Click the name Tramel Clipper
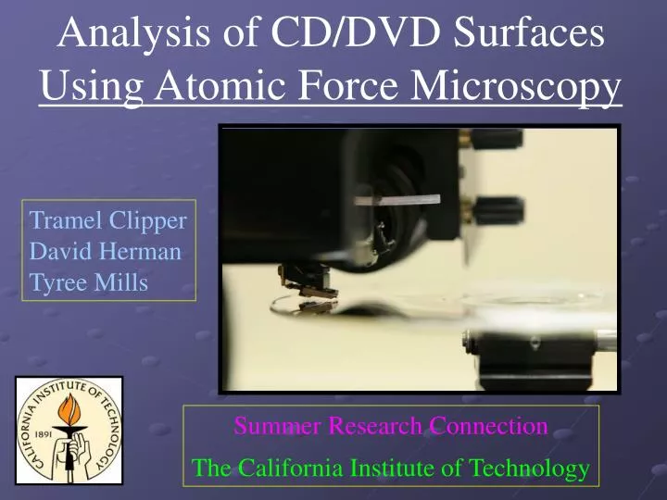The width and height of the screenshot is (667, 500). click(108, 221)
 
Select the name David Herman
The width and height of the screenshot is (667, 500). click(106, 251)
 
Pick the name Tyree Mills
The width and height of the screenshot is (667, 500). click(89, 281)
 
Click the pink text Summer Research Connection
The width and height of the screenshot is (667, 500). click(390, 426)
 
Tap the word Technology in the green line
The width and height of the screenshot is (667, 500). click(527, 469)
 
